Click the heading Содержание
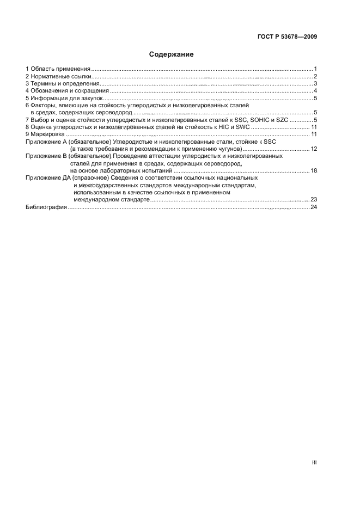pos(172,54)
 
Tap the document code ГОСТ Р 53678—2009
pos(287,37)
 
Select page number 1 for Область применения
pos(315,69)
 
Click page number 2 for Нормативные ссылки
pos(315,76)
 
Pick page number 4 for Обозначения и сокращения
pos(315,91)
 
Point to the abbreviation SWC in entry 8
pos(242,126)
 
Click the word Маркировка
pos(47,134)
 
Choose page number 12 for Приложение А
pos(314,149)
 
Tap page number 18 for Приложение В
pos(314,170)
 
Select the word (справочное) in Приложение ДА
pos(87,178)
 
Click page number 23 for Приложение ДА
pos(314,200)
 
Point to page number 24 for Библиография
pos(314,207)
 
